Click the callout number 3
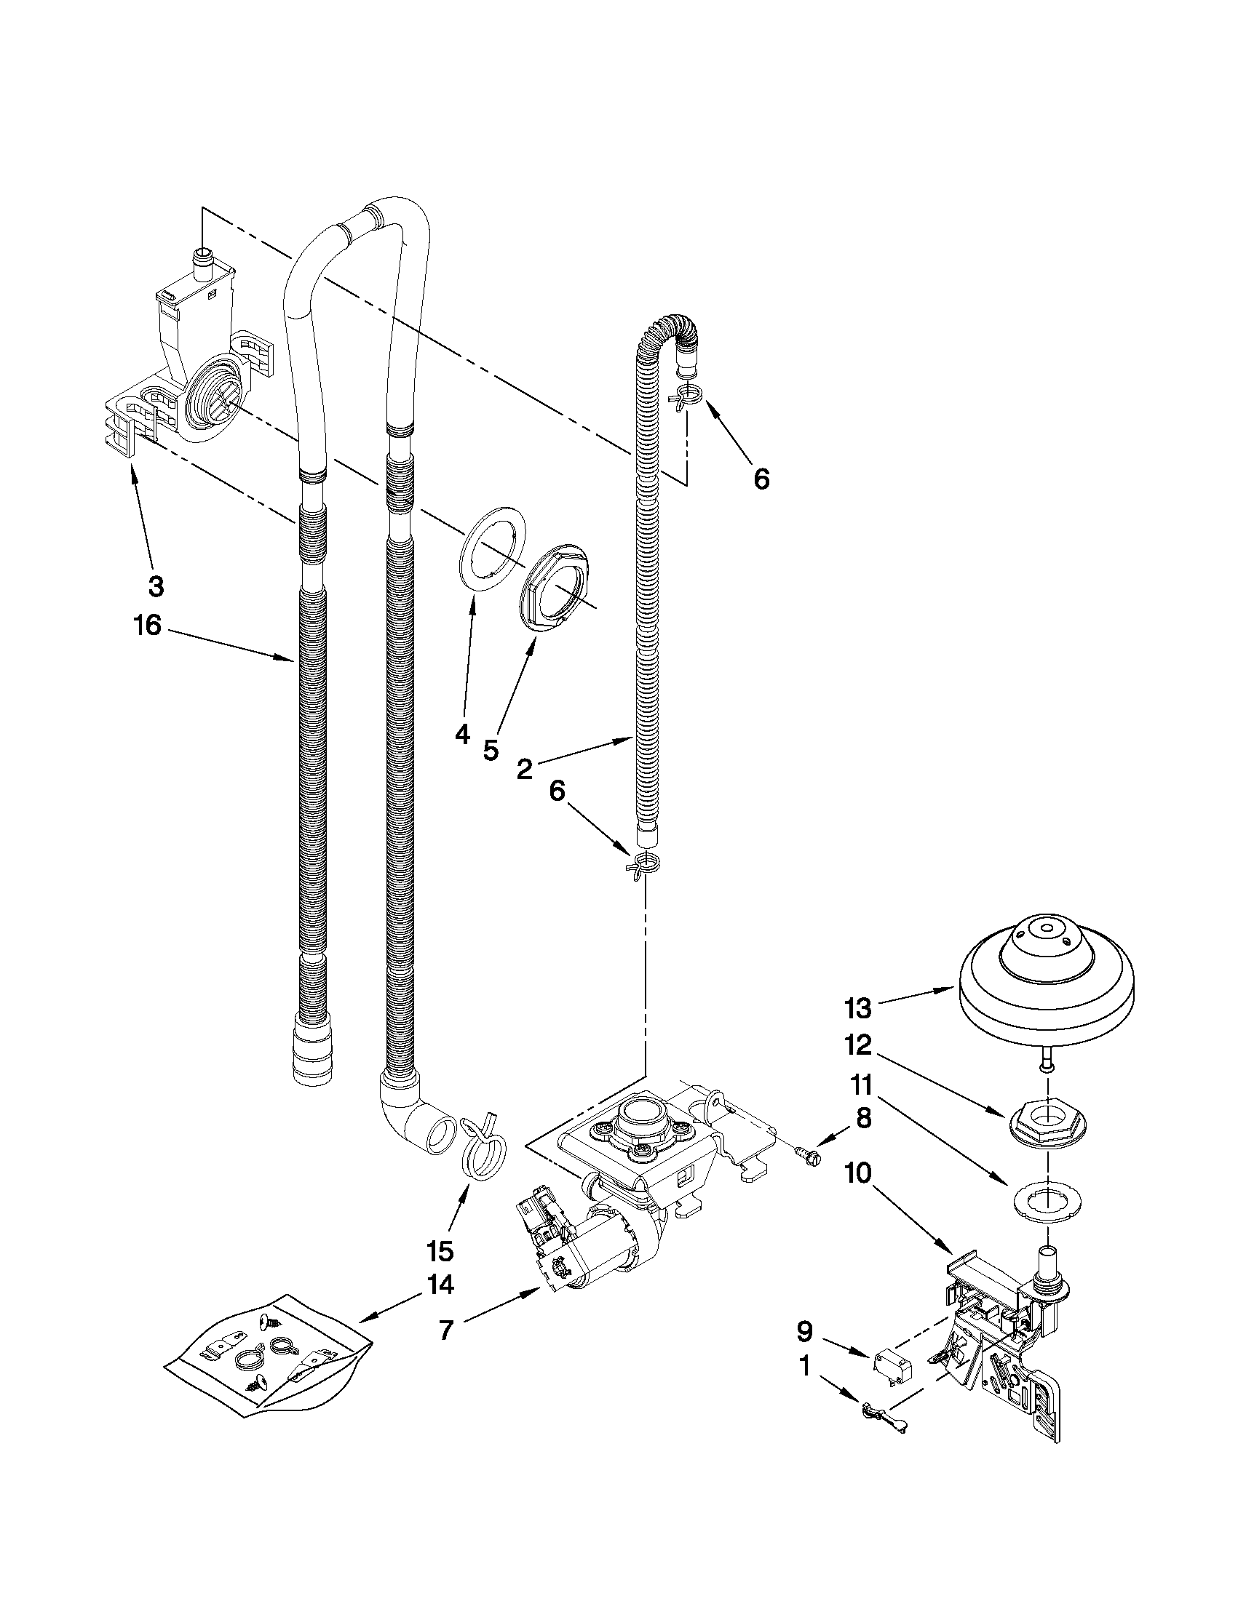pyautogui.click(x=156, y=586)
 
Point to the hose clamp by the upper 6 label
pyautogui.click(x=685, y=396)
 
